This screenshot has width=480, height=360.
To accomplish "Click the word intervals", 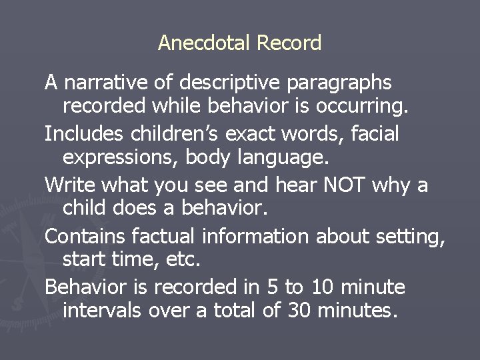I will click(102, 310).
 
